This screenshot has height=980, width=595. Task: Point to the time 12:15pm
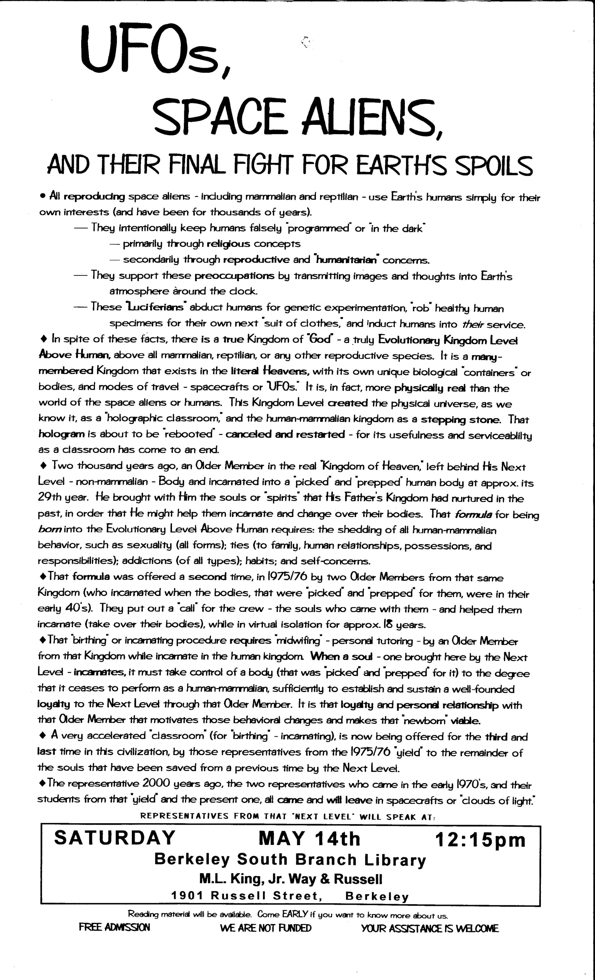coord(480,840)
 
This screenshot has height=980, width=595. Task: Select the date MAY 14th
coord(309,838)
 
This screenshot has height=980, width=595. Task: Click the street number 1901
coord(187,896)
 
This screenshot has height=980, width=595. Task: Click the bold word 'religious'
coord(228,244)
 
